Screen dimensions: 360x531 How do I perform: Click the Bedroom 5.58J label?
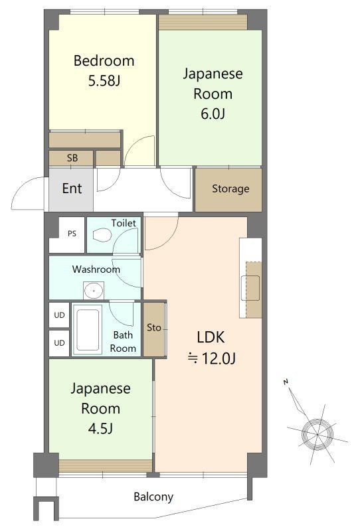click(104, 70)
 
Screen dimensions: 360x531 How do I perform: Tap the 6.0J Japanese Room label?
click(213, 94)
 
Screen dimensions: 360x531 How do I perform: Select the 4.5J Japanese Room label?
click(101, 408)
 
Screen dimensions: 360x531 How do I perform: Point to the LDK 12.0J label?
click(211, 347)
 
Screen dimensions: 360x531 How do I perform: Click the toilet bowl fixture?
click(102, 235)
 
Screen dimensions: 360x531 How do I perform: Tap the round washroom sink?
click(93, 291)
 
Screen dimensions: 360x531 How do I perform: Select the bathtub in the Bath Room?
click(88, 329)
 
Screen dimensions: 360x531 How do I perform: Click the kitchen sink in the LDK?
click(250, 288)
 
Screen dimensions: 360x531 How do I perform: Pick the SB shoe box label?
click(72, 158)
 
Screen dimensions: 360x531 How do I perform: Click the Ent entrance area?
click(71, 189)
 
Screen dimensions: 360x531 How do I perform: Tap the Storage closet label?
click(230, 189)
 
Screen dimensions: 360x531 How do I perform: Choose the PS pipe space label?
click(72, 234)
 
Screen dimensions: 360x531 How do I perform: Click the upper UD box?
click(59, 315)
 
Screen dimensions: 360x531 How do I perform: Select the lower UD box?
click(59, 342)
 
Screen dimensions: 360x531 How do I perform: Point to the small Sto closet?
click(154, 329)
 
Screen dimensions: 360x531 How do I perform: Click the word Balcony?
click(153, 496)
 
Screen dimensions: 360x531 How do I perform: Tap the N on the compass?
click(286, 382)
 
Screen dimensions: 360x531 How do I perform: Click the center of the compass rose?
click(317, 434)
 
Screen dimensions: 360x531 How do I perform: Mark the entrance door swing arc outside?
click(21, 190)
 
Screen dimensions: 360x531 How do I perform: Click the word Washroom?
click(96, 269)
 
